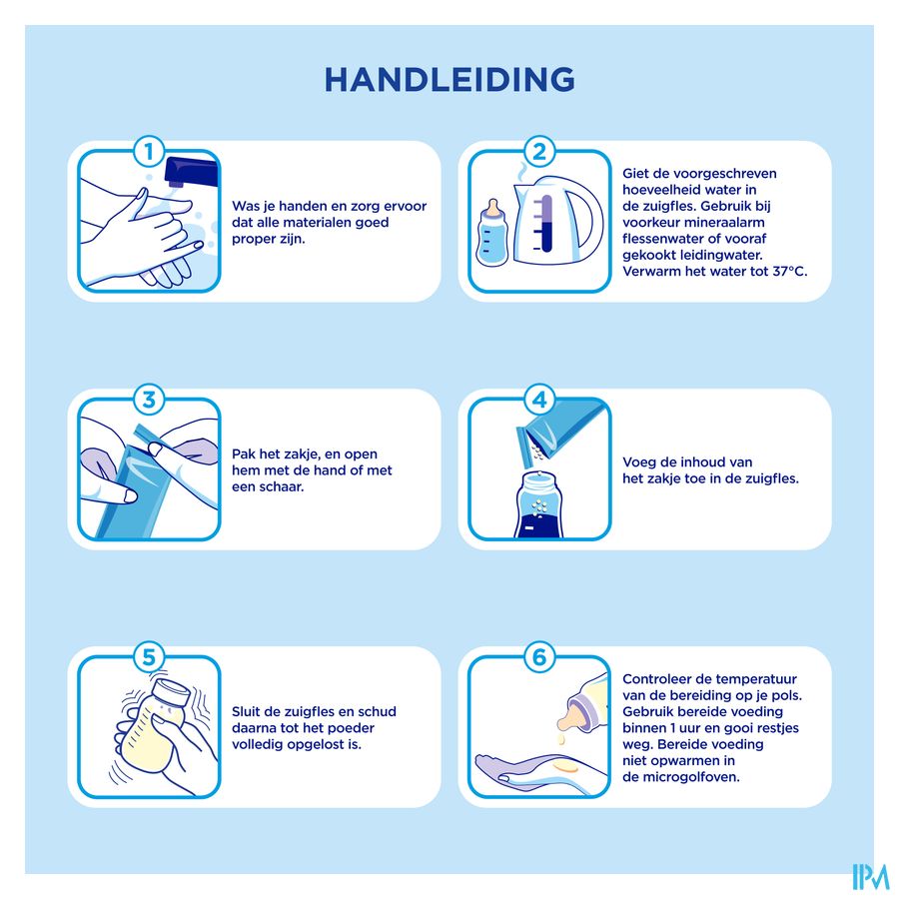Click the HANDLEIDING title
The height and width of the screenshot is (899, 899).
449,80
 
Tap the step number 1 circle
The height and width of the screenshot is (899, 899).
149,152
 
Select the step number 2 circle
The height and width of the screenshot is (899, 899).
539,152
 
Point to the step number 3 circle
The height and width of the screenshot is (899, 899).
149,400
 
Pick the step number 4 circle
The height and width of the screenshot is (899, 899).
539,400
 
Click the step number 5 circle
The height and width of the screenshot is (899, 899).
149,657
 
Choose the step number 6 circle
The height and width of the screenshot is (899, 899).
539,657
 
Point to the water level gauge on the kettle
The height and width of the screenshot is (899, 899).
545,224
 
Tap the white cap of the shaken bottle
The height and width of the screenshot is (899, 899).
172,692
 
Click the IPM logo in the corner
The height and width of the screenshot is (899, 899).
870,877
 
